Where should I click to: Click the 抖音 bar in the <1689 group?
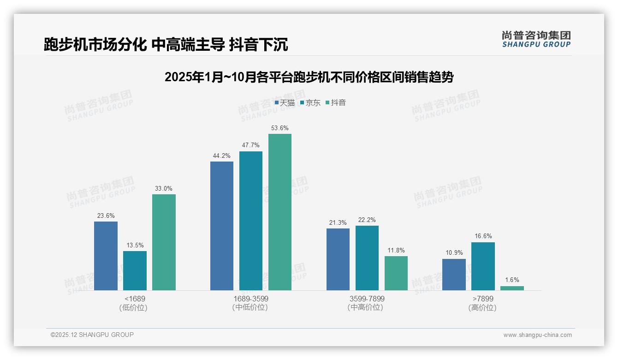(x=164, y=242)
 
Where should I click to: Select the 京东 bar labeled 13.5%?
(x=135, y=270)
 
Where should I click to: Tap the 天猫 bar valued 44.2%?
(x=222, y=226)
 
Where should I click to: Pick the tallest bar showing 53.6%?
(x=280, y=212)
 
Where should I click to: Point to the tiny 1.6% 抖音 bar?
(x=512, y=288)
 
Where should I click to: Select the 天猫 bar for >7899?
(x=454, y=275)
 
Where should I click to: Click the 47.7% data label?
(x=250, y=145)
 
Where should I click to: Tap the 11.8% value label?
(x=396, y=250)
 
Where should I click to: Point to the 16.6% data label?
(x=483, y=236)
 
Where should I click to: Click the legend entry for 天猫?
(x=285, y=102)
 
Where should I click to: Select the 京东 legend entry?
(x=310, y=102)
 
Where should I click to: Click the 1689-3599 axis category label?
(x=250, y=299)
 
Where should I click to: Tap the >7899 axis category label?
(x=483, y=299)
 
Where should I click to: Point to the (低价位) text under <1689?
(x=134, y=308)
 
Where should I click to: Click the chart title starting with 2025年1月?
(x=309, y=77)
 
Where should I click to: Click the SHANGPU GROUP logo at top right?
(x=536, y=39)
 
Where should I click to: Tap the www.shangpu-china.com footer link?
(x=537, y=335)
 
